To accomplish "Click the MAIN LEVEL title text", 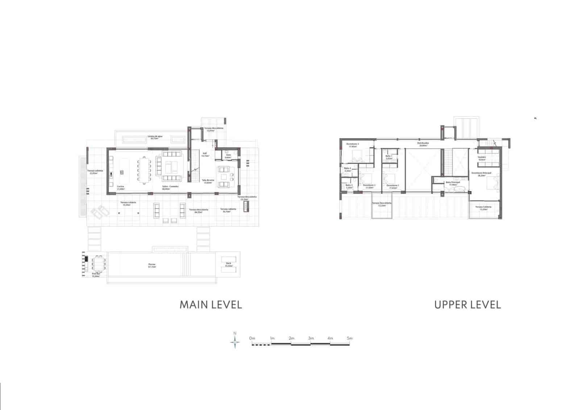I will click(211, 305).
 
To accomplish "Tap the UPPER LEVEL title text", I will click(467, 305).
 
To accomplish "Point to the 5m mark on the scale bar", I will click(349, 338).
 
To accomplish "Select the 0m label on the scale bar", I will click(252, 338).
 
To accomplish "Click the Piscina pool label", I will click(152, 265).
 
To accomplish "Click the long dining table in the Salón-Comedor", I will click(144, 170).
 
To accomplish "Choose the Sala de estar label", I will click(208, 181).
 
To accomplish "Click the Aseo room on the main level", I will click(228, 156).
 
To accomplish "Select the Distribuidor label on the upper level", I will click(423, 144).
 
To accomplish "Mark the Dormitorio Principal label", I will click(481, 174).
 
